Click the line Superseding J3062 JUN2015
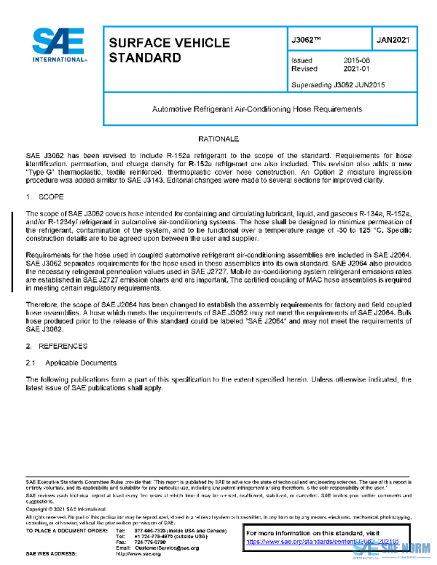(338, 84)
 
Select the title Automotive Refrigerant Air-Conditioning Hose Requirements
(256, 109)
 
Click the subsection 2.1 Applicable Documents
(71, 362)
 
